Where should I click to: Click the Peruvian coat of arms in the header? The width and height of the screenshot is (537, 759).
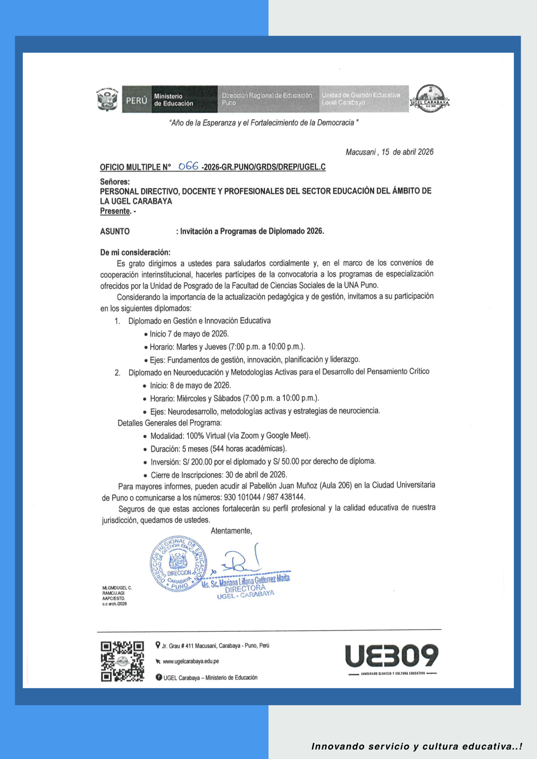tap(107, 99)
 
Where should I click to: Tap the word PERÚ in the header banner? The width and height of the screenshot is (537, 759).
tap(136, 101)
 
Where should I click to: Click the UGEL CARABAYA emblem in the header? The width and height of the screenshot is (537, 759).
tap(430, 99)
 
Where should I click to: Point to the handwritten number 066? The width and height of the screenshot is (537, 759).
tap(188, 166)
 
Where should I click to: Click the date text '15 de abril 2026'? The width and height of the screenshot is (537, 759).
tap(407, 152)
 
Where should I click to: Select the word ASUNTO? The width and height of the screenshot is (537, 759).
tap(115, 231)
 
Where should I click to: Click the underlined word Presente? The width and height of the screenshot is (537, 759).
tap(115, 211)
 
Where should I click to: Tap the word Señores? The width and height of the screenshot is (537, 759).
tap(115, 182)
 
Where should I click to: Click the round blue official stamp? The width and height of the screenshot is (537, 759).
tap(178, 564)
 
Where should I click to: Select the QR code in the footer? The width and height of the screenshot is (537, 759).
tap(122, 661)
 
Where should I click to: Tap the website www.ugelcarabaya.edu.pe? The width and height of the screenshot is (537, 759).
tap(191, 661)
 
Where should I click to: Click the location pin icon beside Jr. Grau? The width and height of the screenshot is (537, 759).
tap(158, 645)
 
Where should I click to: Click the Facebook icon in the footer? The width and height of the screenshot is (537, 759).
tap(159, 677)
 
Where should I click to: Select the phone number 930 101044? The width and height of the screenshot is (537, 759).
tap(242, 497)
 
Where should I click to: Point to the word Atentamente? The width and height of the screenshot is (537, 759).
tap(231, 531)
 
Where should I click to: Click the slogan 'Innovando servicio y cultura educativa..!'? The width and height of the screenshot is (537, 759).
tap(417, 746)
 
